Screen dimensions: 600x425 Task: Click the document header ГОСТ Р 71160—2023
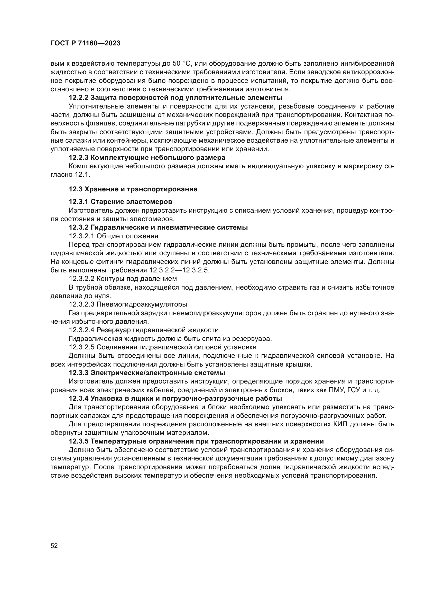pos(85,43)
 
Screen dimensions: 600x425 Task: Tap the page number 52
pos(54,546)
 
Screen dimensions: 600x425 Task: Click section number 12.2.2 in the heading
pos(79,98)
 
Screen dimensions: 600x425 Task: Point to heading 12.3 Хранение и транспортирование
pos(133,189)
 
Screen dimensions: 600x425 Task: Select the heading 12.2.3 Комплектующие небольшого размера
pos(147,158)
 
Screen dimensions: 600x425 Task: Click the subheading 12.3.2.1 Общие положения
pos(113,236)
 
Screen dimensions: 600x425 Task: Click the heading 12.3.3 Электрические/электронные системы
pos(147,373)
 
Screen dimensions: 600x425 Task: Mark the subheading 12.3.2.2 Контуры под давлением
pos(123,279)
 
